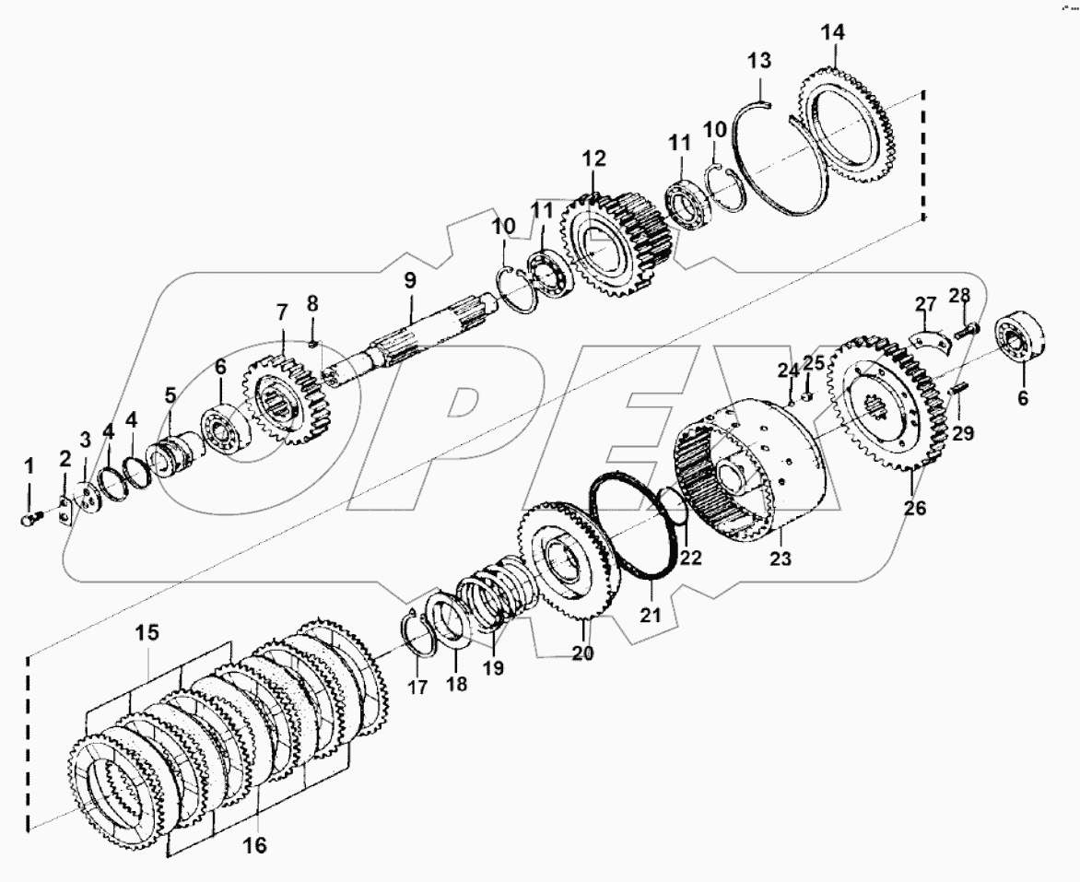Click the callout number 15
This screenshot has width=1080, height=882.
point(147,633)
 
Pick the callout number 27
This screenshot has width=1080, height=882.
point(924,305)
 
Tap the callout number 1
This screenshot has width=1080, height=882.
point(28,466)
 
